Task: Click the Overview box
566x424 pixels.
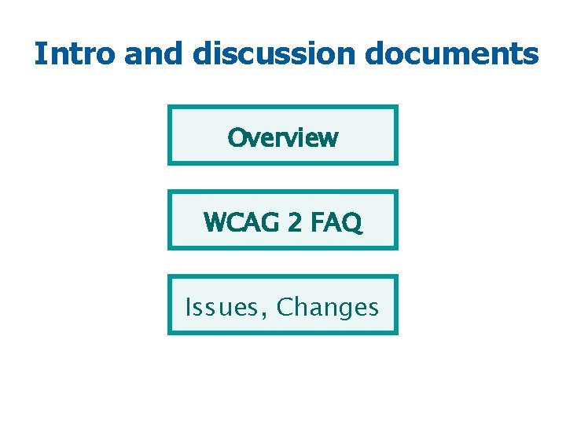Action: pos(283,135)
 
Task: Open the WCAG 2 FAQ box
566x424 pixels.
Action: pos(283,220)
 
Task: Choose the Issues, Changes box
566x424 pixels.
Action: pos(283,305)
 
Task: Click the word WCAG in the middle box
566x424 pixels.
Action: pos(241,223)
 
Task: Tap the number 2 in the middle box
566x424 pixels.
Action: pos(294,223)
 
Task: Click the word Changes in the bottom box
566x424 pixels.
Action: pos(328,307)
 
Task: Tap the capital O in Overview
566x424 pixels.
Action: pos(236,138)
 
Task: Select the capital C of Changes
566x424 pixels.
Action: pos(285,307)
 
